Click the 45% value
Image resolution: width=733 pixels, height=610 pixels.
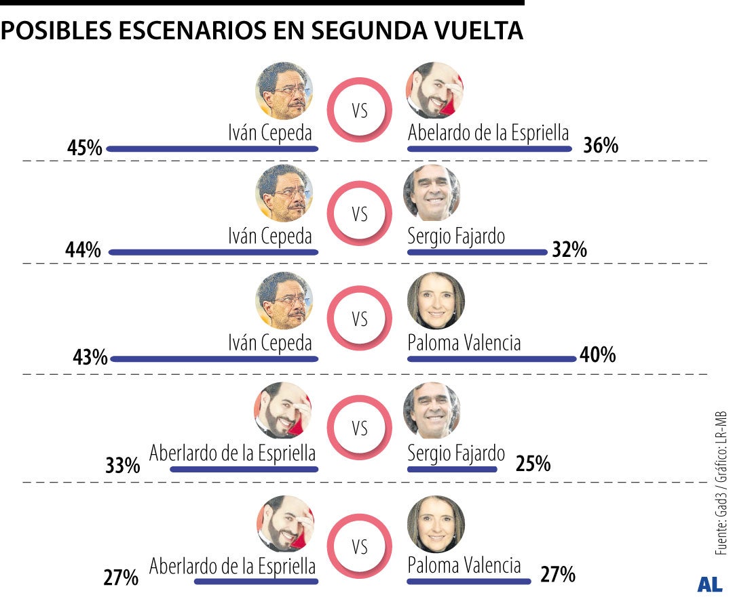pyautogui.click(x=84, y=147)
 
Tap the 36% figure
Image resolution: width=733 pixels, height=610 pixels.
pyautogui.click(x=601, y=145)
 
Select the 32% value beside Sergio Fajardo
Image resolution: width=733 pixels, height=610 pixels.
pyautogui.click(x=569, y=250)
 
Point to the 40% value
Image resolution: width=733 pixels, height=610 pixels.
pyautogui.click(x=597, y=355)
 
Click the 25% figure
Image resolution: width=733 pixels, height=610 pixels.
pyautogui.click(x=533, y=464)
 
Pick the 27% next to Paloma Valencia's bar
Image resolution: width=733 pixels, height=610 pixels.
pyautogui.click(x=558, y=575)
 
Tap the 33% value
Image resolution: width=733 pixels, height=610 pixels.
pyautogui.click(x=122, y=466)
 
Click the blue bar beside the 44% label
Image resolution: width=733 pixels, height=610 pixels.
pyautogui.click(x=213, y=252)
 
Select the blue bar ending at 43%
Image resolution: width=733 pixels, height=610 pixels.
pyautogui.click(x=214, y=359)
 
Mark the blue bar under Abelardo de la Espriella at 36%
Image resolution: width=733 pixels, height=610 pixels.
pyautogui.click(x=489, y=148)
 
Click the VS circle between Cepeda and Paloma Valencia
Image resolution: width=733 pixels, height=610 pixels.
pyautogui.click(x=360, y=319)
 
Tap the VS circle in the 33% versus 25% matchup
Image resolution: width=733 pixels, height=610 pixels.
pyautogui.click(x=360, y=428)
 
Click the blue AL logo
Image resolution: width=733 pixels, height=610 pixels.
pyautogui.click(x=709, y=585)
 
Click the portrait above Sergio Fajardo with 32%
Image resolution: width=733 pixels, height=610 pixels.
pyautogui.click(x=432, y=192)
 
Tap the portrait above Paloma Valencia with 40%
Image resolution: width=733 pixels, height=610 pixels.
pyautogui.click(x=436, y=300)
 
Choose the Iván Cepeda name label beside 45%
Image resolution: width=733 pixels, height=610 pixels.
pyautogui.click(x=269, y=133)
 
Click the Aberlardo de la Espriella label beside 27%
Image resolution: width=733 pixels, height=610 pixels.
pyautogui.click(x=232, y=565)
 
